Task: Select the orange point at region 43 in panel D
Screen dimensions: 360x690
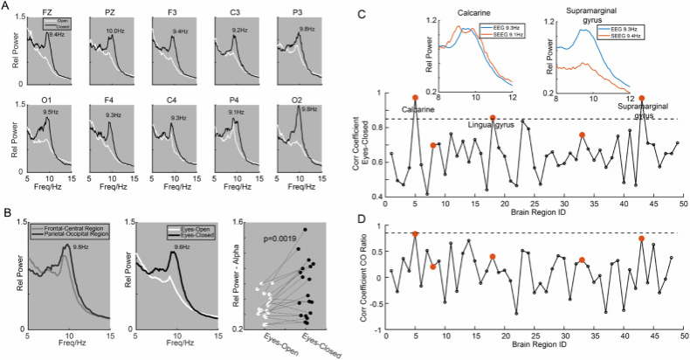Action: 642,239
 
